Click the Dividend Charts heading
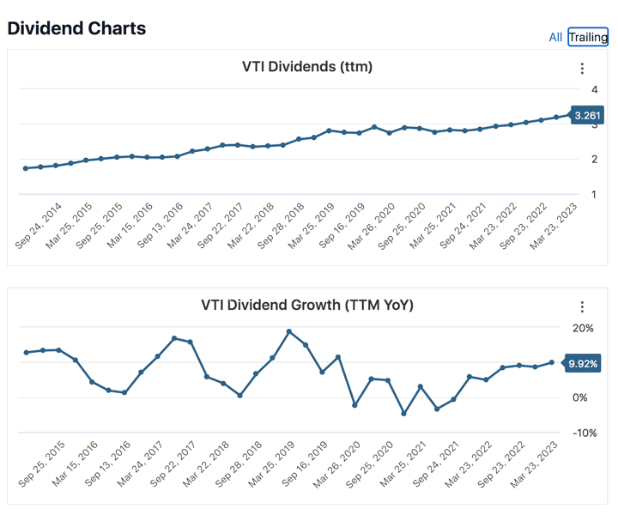click(x=76, y=28)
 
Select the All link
click(x=555, y=37)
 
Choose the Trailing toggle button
click(x=588, y=37)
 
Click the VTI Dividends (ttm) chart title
click(x=307, y=67)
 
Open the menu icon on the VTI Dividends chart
click(x=582, y=69)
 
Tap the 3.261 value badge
click(x=588, y=116)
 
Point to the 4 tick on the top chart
click(x=594, y=89)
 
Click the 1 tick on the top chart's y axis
click(x=594, y=195)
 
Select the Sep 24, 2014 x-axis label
click(x=39, y=226)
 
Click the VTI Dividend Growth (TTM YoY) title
click(x=307, y=305)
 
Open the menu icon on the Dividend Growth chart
click(x=582, y=306)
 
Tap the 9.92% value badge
click(x=583, y=364)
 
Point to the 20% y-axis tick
click(x=583, y=328)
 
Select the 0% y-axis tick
click(x=581, y=397)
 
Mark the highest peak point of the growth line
click(x=289, y=331)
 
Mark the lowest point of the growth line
click(x=404, y=414)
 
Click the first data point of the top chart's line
click(x=26, y=168)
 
